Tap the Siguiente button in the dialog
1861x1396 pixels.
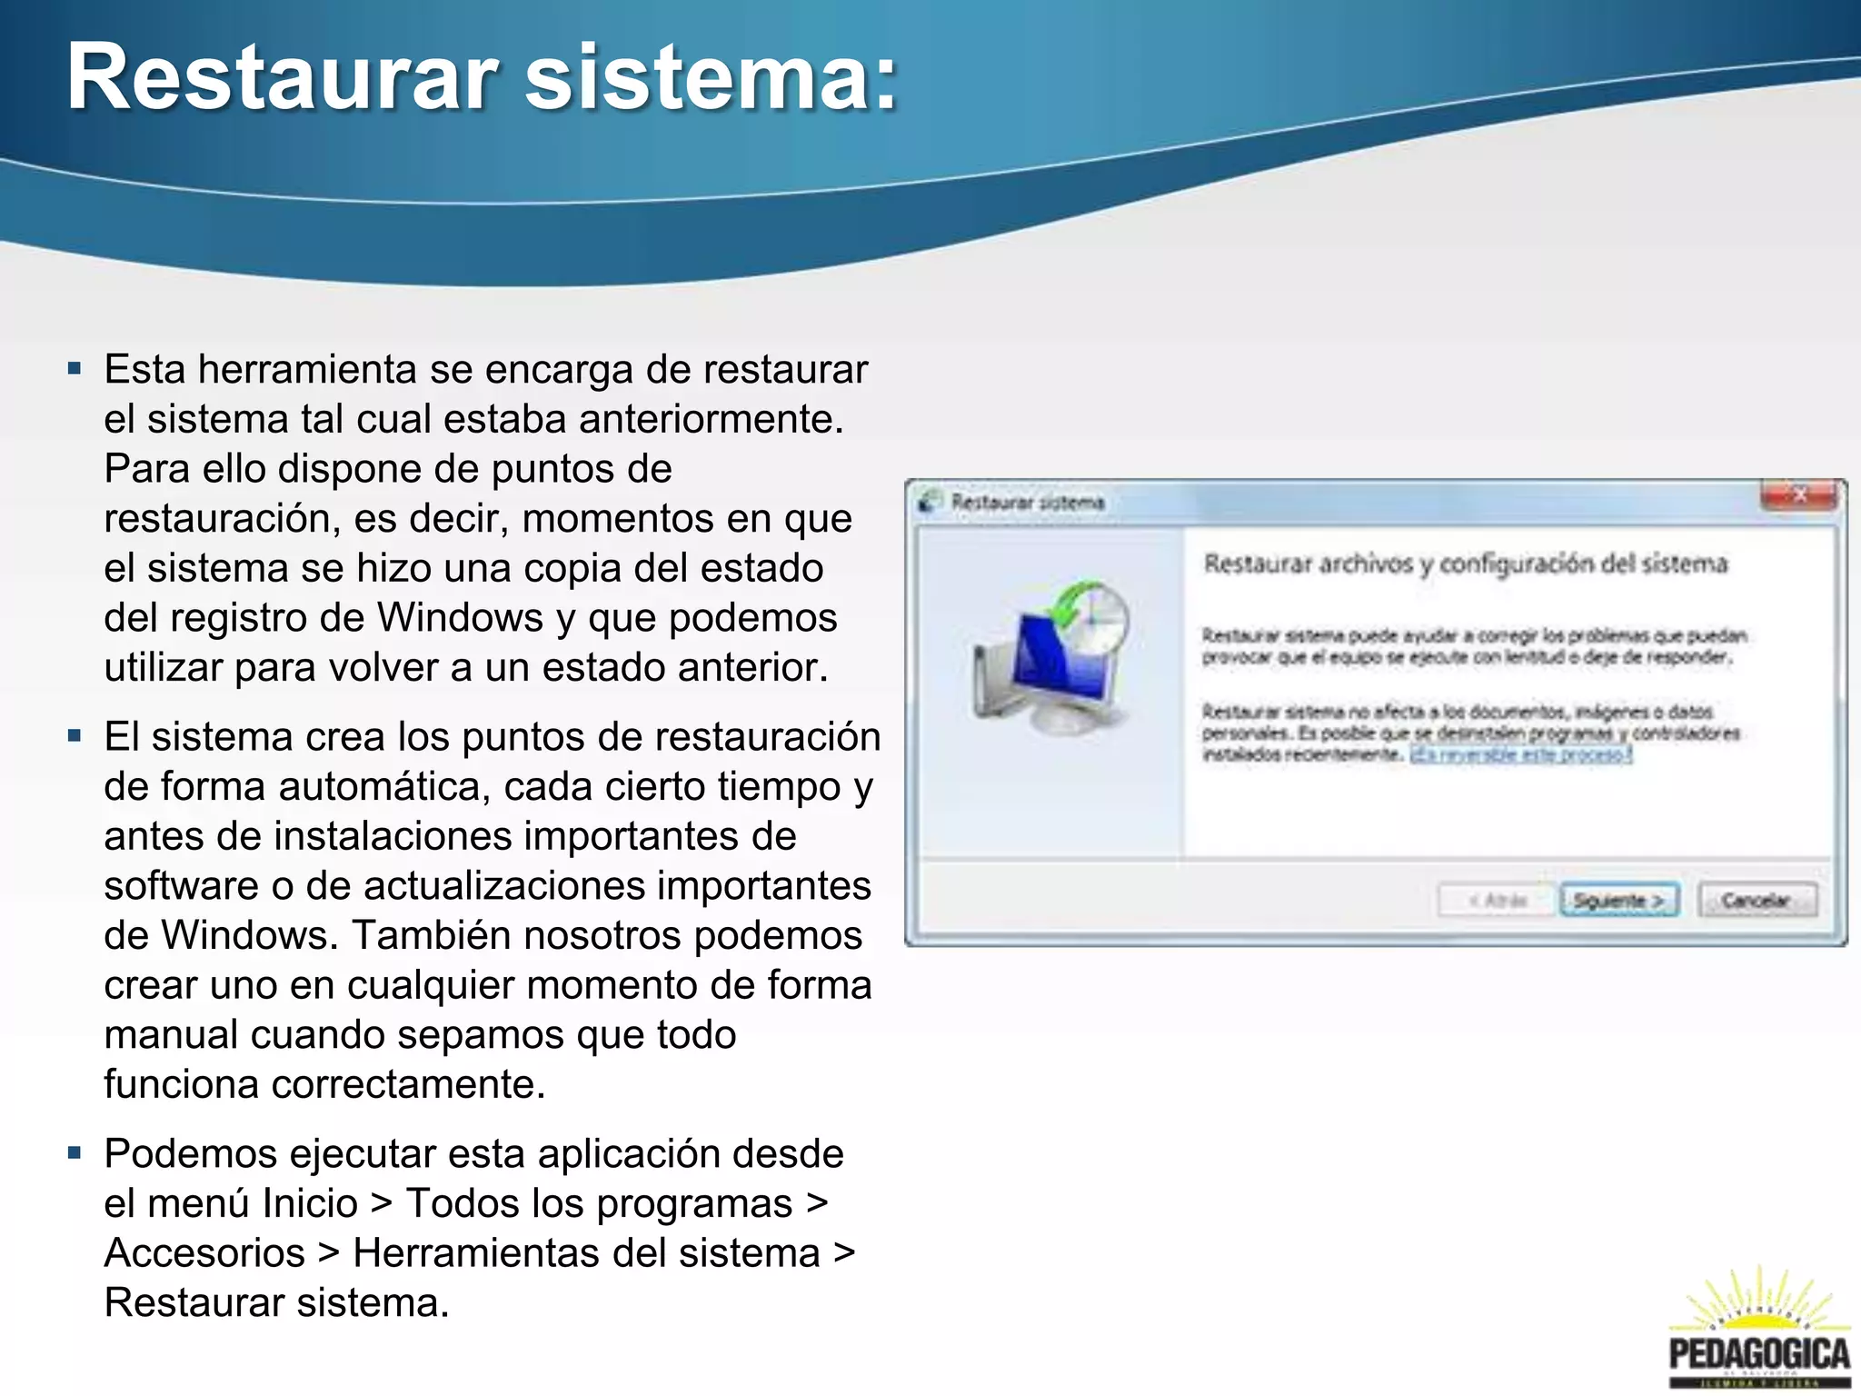tap(1618, 900)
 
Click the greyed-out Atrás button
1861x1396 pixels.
tap(1495, 900)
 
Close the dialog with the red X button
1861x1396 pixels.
tap(1798, 495)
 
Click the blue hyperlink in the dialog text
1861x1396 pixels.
tap(1520, 754)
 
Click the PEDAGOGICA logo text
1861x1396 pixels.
tap(1759, 1353)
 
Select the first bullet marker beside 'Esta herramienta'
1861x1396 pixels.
tap(75, 370)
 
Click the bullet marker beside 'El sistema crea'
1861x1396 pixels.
tap(75, 736)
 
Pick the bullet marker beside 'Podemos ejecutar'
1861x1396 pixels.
tap(75, 1153)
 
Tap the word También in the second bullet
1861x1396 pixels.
tap(425, 935)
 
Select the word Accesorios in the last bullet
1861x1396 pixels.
tap(204, 1252)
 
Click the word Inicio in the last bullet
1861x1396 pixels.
tap(310, 1203)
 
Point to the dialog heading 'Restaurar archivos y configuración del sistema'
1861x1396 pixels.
tap(1465, 563)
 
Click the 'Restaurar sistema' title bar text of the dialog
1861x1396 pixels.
tap(1028, 502)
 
